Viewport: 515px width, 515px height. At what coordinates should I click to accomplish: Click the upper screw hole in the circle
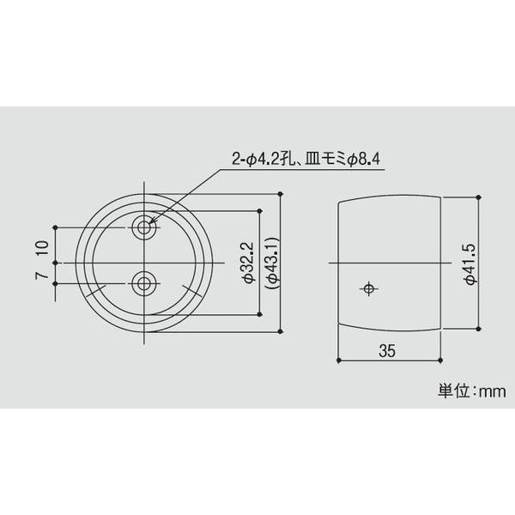[144, 227]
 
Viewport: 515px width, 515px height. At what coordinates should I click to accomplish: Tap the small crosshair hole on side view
[368, 288]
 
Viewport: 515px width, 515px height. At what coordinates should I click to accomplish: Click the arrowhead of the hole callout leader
[154, 223]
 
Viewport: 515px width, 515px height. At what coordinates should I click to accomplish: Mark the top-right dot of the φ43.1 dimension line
[281, 195]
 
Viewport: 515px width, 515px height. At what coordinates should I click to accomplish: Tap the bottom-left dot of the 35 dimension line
[340, 358]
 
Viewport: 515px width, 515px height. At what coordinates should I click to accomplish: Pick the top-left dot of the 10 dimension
[56, 227]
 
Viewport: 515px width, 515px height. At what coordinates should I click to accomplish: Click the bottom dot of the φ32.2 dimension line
[258, 313]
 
